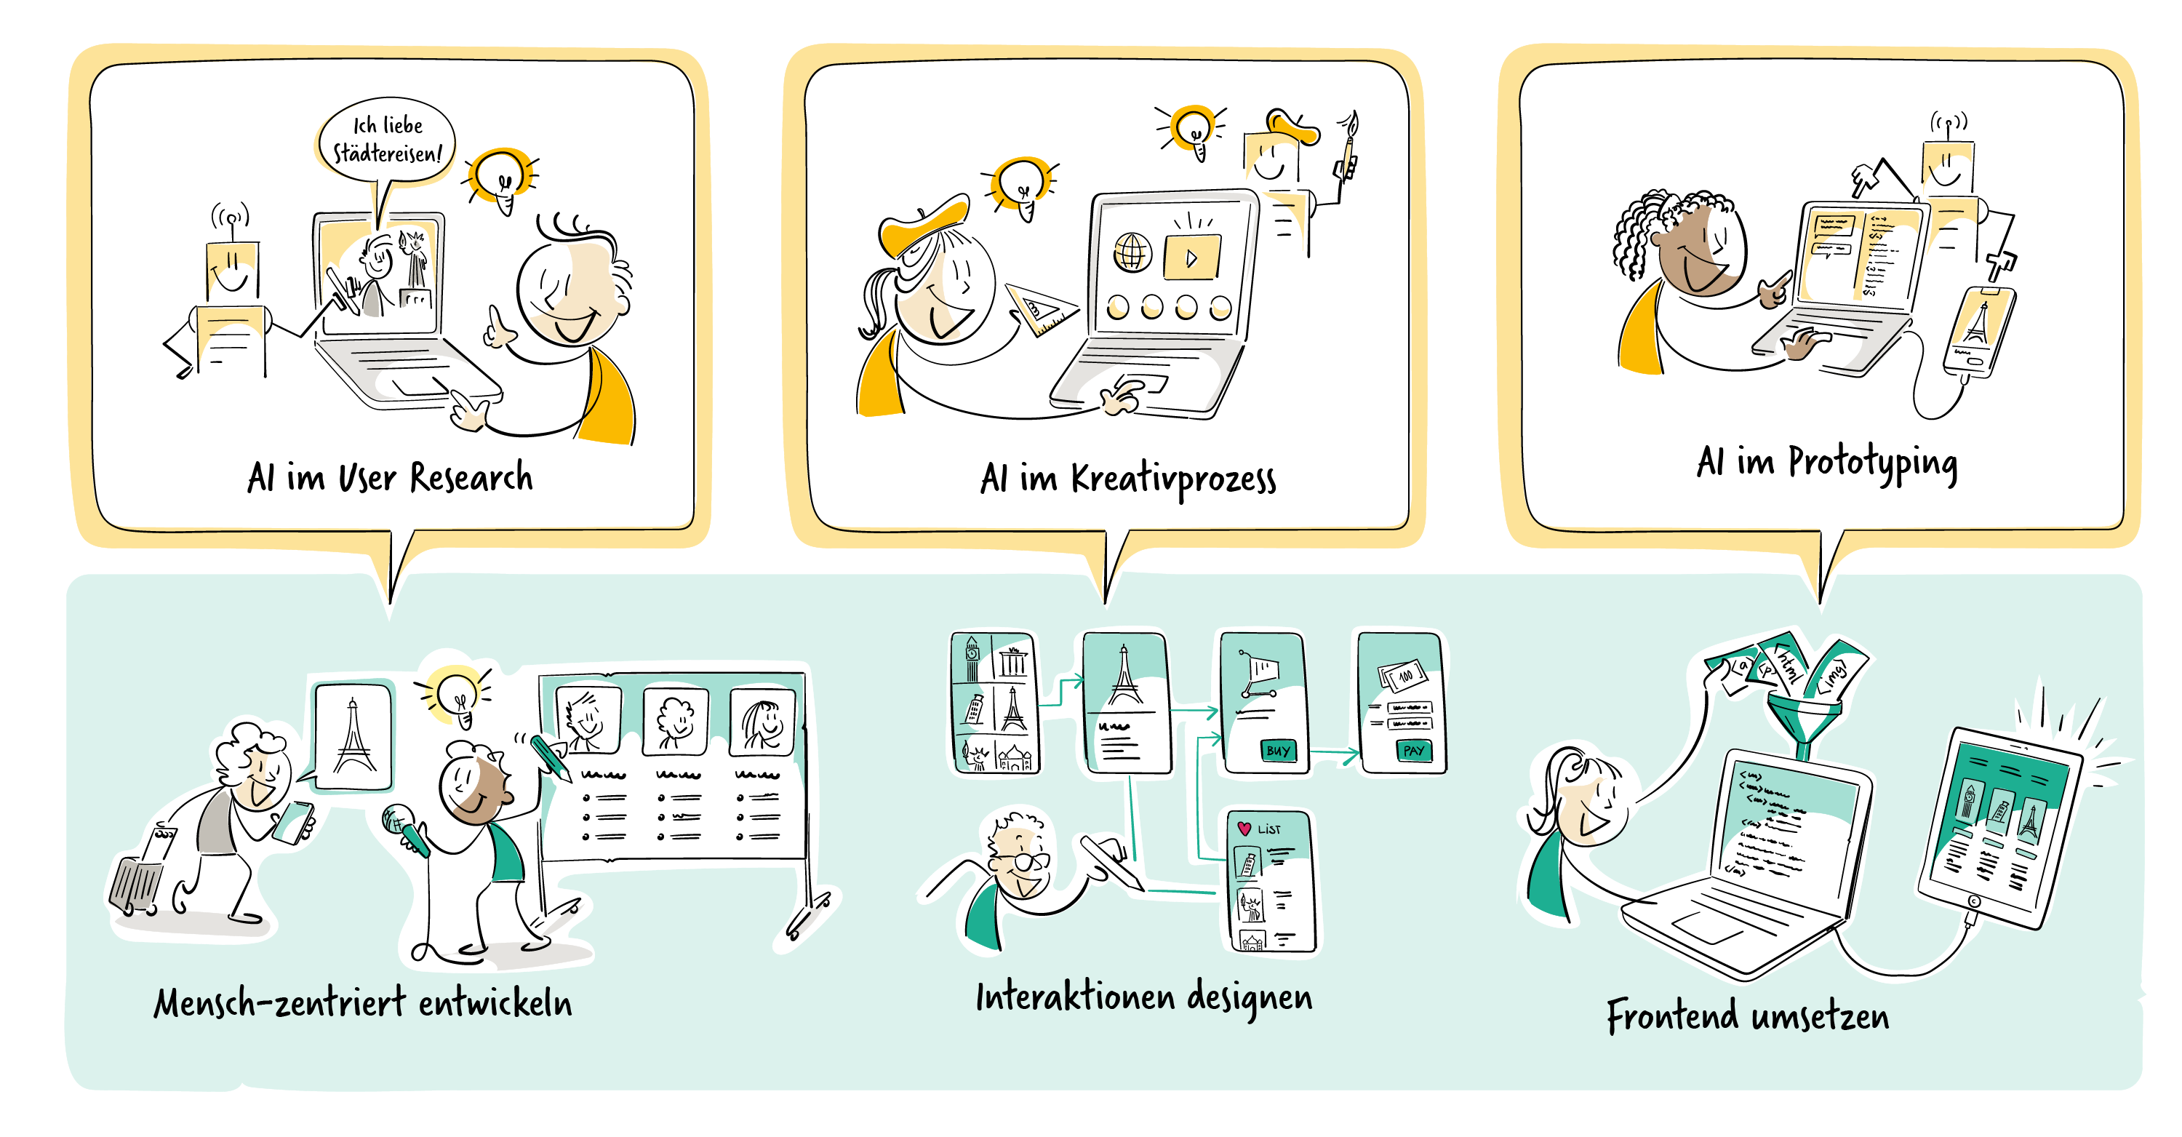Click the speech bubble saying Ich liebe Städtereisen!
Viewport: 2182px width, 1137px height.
(x=387, y=140)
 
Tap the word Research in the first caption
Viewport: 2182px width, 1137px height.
(x=471, y=478)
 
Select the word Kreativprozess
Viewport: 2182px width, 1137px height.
(x=1173, y=479)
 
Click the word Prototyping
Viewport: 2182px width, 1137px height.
(x=1873, y=463)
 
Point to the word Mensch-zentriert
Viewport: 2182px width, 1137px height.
(x=280, y=1003)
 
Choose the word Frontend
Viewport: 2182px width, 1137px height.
(x=1672, y=1015)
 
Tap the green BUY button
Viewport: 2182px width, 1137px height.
(x=1277, y=750)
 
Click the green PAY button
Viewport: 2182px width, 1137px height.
(x=1413, y=750)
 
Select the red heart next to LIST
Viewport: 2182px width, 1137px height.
(x=1244, y=828)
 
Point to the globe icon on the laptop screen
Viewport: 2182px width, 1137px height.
(x=1132, y=252)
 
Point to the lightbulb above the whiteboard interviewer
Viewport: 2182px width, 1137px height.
(x=457, y=690)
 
